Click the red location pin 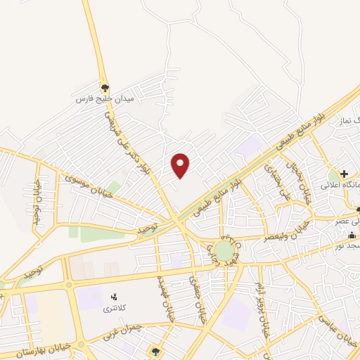tap(181, 165)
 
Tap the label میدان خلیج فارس tap(105, 99)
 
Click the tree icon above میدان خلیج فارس tap(105, 88)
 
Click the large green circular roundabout tap(224, 251)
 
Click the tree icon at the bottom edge tap(155, 351)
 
